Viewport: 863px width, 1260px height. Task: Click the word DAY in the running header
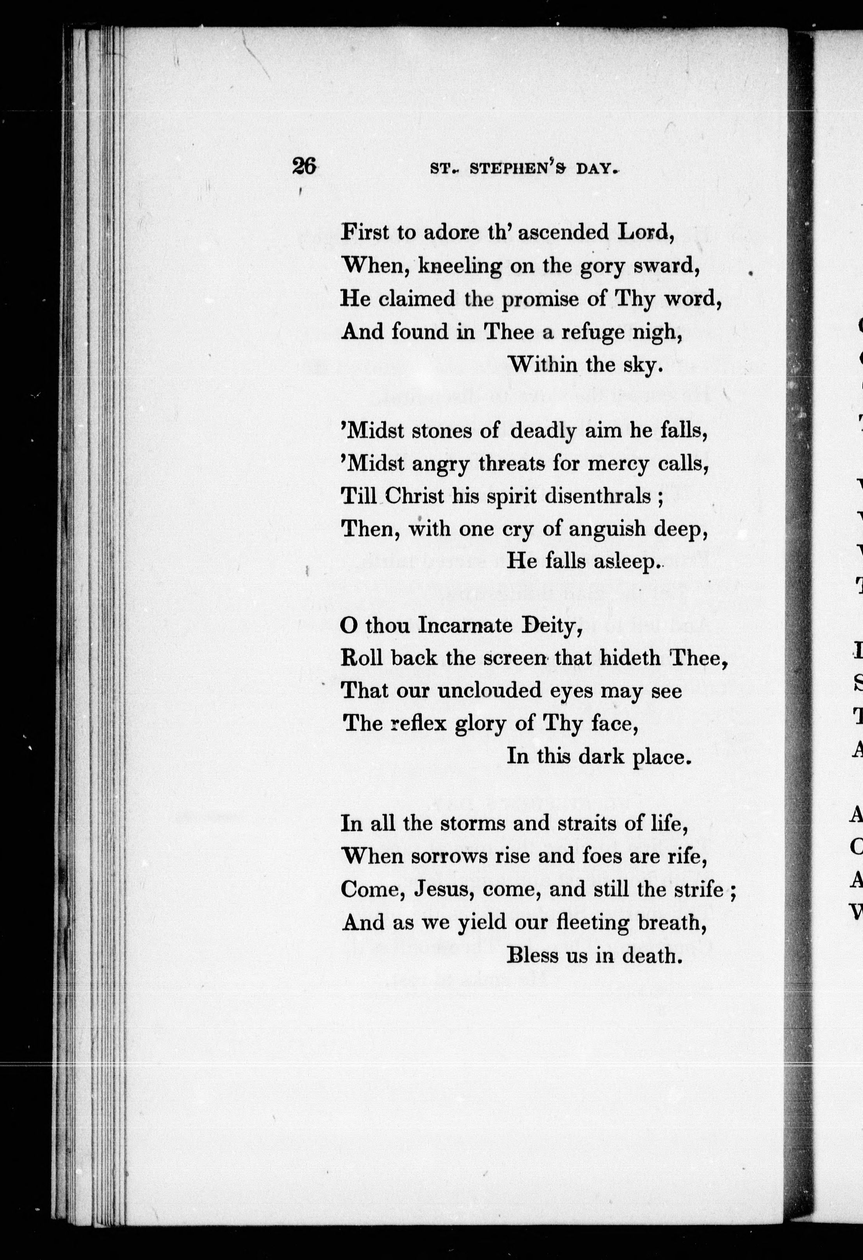tap(596, 169)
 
